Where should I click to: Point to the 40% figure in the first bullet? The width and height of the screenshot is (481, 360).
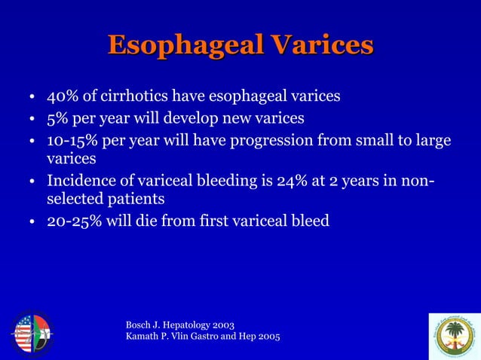(x=61, y=96)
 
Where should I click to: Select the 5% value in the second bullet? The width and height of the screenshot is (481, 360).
(x=57, y=118)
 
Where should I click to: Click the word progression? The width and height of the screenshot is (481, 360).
(x=279, y=139)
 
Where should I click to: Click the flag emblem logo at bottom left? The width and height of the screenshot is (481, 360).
(x=31, y=332)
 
